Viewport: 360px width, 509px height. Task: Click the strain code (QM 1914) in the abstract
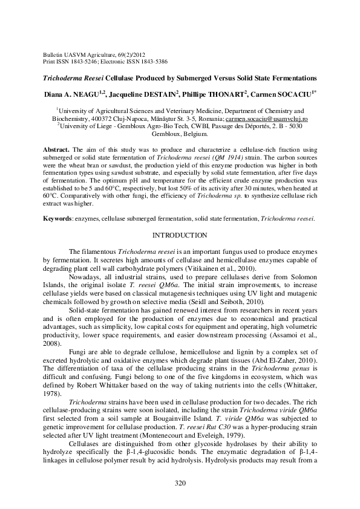click(243, 157)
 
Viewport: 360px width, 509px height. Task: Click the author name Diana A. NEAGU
click(74, 94)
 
